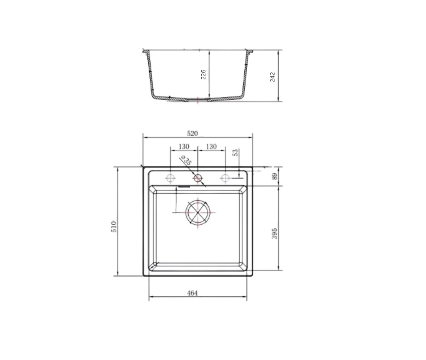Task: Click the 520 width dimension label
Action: click(192, 134)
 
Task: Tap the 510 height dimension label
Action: click(114, 226)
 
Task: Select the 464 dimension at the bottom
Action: click(192, 293)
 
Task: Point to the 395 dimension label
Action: click(275, 233)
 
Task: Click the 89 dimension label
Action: click(275, 176)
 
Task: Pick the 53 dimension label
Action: click(235, 152)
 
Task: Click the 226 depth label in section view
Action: click(203, 75)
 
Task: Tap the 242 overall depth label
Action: click(272, 77)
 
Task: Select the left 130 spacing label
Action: click(184, 147)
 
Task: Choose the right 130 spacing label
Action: click(211, 147)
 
